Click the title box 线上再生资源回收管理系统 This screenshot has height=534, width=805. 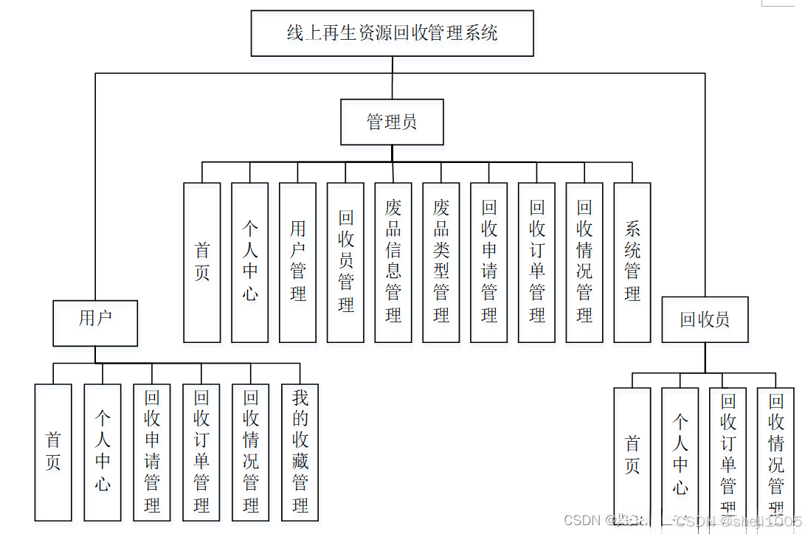point(392,33)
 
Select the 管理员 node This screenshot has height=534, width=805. point(392,122)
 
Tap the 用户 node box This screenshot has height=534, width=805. point(95,322)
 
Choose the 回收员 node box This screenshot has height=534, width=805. point(705,319)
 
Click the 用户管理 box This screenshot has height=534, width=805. point(297,262)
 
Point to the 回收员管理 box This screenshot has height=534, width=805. point(345,262)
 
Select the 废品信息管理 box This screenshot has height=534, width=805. point(393,262)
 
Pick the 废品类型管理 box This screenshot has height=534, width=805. point(441,262)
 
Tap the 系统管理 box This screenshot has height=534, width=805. point(632,262)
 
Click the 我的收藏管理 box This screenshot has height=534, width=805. point(300,451)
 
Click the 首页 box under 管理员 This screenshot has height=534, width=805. point(202,262)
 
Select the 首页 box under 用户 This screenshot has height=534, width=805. point(53,451)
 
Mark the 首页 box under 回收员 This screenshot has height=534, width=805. point(632,455)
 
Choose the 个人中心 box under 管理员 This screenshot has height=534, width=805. point(250,262)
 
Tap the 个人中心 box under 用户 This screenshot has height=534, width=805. point(103,451)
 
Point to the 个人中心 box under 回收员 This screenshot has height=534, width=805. point(680,455)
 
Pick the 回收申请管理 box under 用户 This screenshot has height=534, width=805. point(152,451)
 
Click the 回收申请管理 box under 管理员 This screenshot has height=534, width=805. point(488,262)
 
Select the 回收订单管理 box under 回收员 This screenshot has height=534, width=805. point(728,455)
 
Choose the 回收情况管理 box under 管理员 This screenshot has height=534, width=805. point(584,262)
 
